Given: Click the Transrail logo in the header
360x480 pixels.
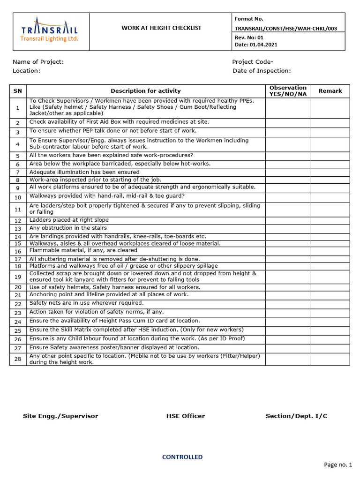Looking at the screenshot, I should click(x=49, y=32).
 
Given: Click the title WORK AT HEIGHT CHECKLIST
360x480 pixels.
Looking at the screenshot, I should click(x=161, y=28).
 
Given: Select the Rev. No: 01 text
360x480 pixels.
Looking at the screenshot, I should click(x=249, y=37).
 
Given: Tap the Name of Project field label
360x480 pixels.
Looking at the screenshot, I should click(x=38, y=62).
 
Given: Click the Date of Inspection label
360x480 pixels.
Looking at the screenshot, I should click(x=262, y=71).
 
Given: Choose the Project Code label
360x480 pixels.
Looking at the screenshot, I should click(x=253, y=62).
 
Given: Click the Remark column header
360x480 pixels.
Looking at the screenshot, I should click(x=330, y=91).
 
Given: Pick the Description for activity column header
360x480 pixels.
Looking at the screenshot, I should click(x=145, y=91).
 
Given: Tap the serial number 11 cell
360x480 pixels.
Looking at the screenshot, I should click(x=18, y=210).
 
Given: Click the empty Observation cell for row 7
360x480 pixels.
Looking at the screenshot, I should click(x=288, y=172).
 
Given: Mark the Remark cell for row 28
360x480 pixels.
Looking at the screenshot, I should click(x=330, y=359).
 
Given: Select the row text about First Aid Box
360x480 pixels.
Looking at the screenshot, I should click(x=119, y=122).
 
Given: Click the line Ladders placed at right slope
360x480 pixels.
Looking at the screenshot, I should click(x=69, y=220).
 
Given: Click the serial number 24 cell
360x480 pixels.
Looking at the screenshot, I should click(x=18, y=322).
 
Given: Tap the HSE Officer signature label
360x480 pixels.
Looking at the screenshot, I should click(x=185, y=416).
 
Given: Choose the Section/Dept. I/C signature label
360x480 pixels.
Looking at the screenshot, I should click(x=296, y=416).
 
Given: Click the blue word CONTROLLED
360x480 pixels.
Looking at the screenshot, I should click(x=182, y=457).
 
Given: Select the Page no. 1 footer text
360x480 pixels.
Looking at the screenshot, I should click(x=337, y=465).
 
